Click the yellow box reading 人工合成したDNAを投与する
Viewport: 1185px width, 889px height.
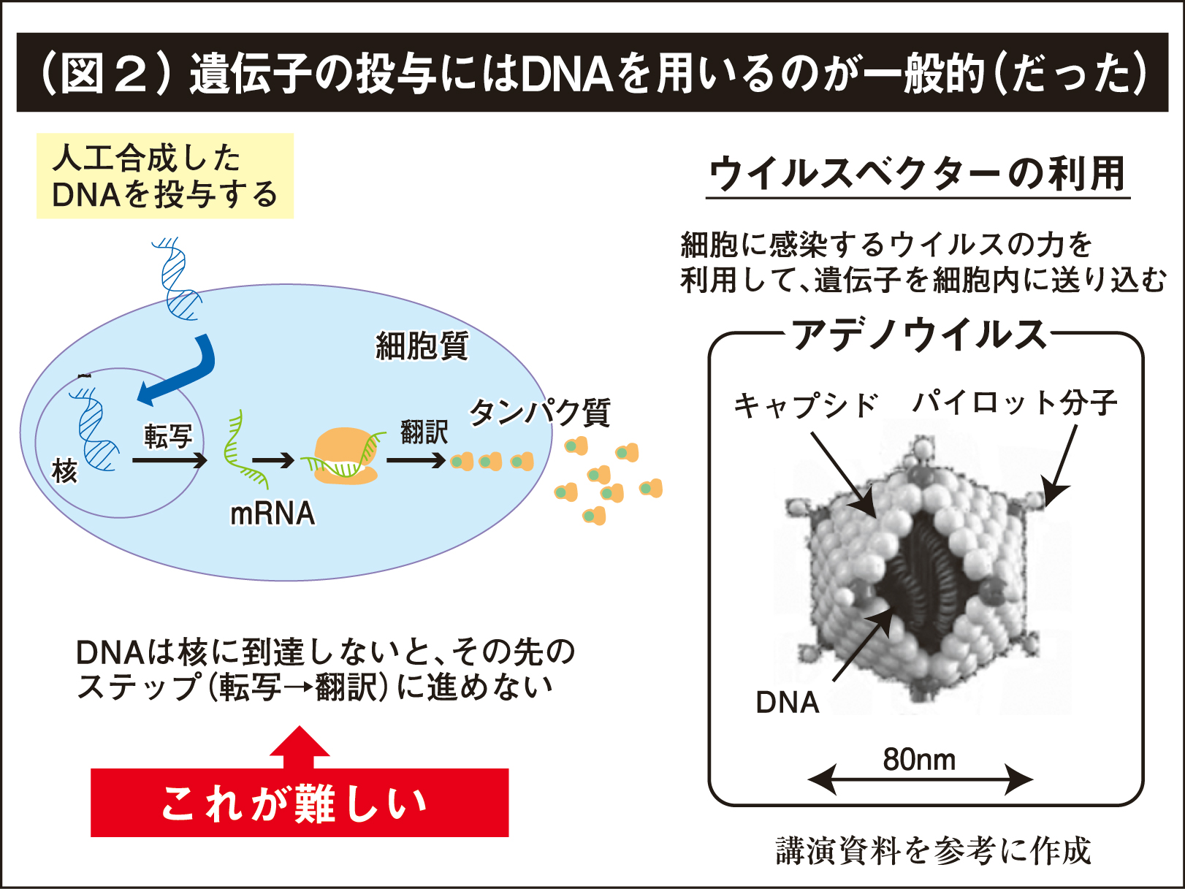pyautogui.click(x=164, y=176)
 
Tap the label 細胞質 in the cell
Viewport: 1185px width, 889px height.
pyautogui.click(x=422, y=346)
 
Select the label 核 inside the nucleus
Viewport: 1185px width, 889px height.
pyautogui.click(x=64, y=471)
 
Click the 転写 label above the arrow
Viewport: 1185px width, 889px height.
pyautogui.click(x=168, y=436)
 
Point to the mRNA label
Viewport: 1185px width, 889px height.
pyautogui.click(x=272, y=514)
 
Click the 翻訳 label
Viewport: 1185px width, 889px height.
pyautogui.click(x=424, y=431)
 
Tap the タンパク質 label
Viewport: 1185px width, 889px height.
pyautogui.click(x=539, y=413)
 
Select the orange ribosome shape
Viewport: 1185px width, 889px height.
pyautogui.click(x=343, y=457)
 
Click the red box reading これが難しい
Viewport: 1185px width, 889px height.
pyautogui.click(x=299, y=803)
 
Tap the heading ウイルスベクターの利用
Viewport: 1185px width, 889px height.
pyautogui.click(x=918, y=174)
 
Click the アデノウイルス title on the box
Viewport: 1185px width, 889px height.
pyautogui.click(x=919, y=335)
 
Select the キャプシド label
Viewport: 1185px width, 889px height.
pyautogui.click(x=805, y=405)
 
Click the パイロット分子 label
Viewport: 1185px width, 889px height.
pyautogui.click(x=1015, y=402)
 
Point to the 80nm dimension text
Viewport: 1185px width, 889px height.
pyautogui.click(x=919, y=760)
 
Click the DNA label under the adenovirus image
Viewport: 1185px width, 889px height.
pyautogui.click(x=787, y=702)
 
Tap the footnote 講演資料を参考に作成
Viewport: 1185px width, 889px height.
pyautogui.click(x=933, y=851)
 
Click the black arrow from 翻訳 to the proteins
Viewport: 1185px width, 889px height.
pyautogui.click(x=415, y=460)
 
